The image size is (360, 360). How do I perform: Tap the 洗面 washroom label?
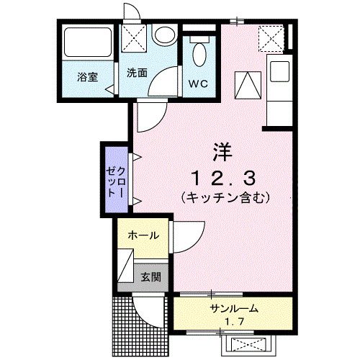[138, 73]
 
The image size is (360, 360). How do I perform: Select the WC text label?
[198, 84]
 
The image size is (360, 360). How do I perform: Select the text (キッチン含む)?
[225, 196]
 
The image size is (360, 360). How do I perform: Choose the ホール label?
[143, 235]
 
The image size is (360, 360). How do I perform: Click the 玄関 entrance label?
[150, 276]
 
